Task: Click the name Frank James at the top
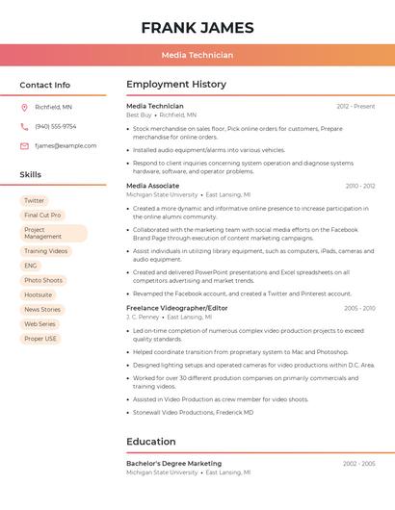tap(197, 27)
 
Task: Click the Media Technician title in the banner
tap(197, 55)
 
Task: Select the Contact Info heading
tap(44, 85)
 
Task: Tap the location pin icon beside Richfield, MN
tap(24, 107)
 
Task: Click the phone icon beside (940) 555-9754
tap(24, 126)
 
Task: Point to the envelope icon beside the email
tap(24, 146)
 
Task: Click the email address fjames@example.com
tap(66, 146)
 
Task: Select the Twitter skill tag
tap(35, 201)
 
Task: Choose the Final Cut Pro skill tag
tap(42, 216)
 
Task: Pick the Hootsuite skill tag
tap(39, 294)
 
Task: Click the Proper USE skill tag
tap(40, 339)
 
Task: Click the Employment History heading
tap(175, 85)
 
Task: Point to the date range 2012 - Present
tap(355, 107)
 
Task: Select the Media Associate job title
tap(152, 186)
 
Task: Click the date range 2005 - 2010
tap(358, 309)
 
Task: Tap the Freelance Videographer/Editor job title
tap(177, 308)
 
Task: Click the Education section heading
tap(151, 442)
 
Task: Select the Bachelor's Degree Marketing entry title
tap(173, 464)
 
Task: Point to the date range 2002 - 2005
tap(358, 464)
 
